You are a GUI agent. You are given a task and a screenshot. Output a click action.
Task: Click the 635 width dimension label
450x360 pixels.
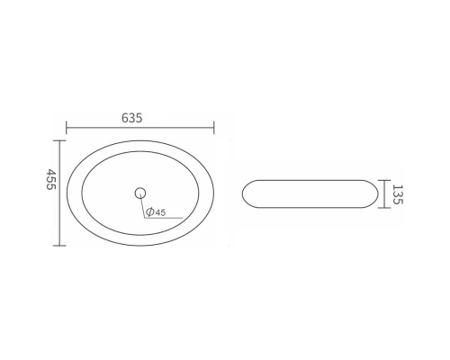(x=131, y=118)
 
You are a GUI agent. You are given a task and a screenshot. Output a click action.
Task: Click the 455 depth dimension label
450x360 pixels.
(x=51, y=179)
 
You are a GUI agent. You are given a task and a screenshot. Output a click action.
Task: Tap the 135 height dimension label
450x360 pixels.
(x=398, y=194)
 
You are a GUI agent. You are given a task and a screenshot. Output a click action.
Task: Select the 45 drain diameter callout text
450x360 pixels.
(x=160, y=212)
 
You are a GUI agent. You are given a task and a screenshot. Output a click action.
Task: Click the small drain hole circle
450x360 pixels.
(x=140, y=193)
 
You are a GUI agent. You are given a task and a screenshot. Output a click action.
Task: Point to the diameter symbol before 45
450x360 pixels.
(x=150, y=212)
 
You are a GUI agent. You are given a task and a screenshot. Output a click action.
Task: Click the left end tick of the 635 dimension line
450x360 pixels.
(x=67, y=128)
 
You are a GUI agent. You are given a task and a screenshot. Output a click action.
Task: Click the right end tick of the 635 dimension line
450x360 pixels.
(x=214, y=128)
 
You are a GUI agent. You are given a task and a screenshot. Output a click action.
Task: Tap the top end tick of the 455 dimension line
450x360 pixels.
(x=59, y=140)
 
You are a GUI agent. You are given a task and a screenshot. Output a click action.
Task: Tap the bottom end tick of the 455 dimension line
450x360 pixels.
(x=59, y=246)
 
